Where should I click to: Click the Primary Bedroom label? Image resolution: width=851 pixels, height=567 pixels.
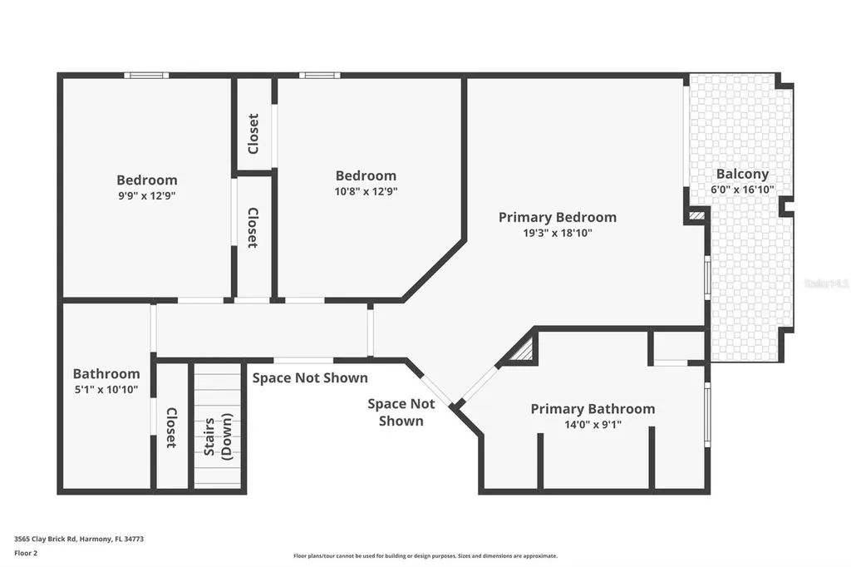coord(557,217)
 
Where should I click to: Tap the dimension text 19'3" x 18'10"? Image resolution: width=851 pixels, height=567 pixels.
coord(557,233)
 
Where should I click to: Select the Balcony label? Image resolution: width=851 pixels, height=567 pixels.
coord(742,174)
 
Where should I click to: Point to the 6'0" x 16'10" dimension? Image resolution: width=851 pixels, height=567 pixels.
coord(742,190)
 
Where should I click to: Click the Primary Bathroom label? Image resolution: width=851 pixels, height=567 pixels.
coord(593,408)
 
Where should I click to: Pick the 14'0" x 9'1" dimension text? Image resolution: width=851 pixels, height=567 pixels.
coord(593,424)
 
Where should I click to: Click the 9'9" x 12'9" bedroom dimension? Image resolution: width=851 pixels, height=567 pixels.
coord(146,195)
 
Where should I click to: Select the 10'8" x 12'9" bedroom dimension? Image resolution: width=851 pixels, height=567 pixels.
coord(366,191)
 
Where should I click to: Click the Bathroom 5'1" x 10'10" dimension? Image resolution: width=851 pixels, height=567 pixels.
coord(106,389)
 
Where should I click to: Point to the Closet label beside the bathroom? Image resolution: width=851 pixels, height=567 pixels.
coord(171,427)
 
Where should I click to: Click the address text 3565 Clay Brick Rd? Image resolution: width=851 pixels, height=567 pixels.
coord(79,539)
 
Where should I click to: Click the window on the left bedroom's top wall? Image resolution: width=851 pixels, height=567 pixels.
coord(146,76)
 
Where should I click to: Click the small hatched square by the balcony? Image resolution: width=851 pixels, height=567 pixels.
coord(696,215)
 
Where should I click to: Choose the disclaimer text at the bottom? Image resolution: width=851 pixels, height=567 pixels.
coord(425,556)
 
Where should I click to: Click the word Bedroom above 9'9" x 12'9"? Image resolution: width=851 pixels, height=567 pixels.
coord(146,180)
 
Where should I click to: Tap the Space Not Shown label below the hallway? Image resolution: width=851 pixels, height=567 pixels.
coord(309,378)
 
